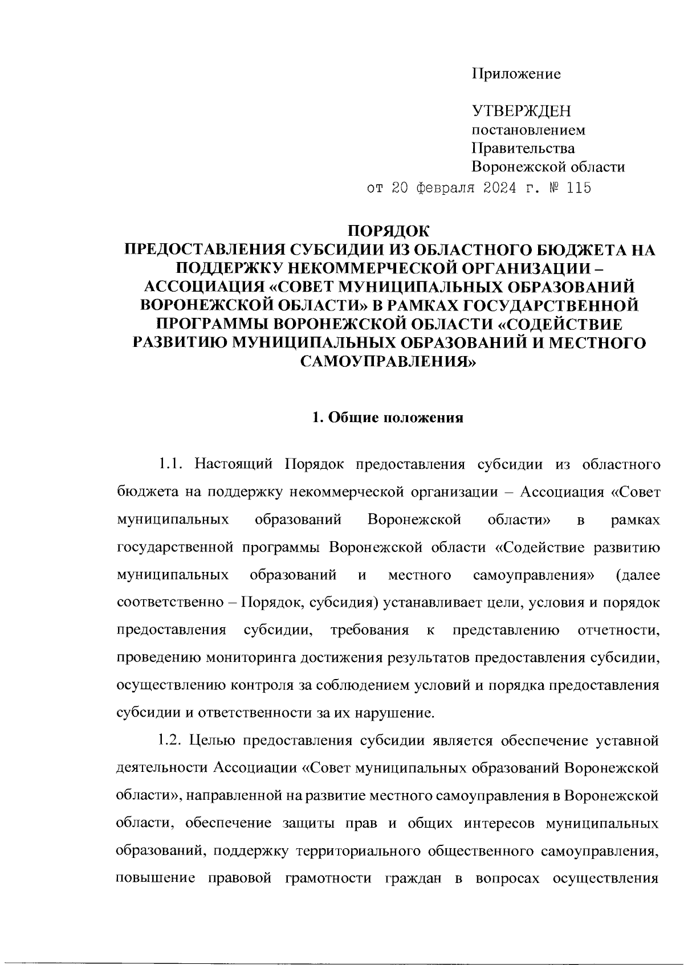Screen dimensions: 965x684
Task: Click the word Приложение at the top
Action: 516,74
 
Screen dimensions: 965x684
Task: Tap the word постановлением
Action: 528,130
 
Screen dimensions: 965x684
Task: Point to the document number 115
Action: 576,187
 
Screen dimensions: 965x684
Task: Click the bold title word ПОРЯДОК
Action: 390,232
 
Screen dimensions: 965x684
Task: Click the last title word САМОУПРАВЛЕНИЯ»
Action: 389,361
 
